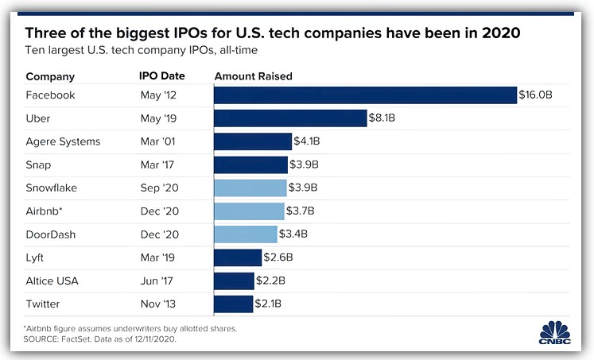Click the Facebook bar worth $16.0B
[366, 95]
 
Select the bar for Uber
[290, 118]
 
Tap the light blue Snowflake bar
[250, 188]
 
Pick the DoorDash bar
[246, 234]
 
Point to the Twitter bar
[234, 304]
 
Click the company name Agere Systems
[64, 141]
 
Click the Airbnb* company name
[46, 211]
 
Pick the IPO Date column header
[162, 76]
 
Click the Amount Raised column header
[254, 76]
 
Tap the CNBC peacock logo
[555, 332]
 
